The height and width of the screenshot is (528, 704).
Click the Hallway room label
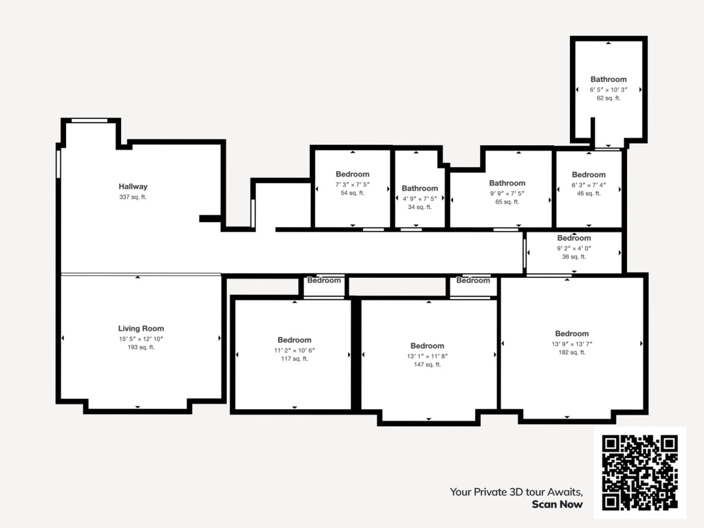pos(133,186)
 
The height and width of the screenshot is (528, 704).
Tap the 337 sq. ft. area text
pos(133,197)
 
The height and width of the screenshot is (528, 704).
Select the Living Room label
pos(141,329)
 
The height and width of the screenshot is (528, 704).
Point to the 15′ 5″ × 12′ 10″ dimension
pos(141,339)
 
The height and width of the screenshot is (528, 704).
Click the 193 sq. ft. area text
pos(141,347)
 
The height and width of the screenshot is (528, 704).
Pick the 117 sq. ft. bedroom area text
pos(294,359)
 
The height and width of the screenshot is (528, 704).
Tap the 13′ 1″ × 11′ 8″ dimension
pos(427,356)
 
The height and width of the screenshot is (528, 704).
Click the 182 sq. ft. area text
pos(572,352)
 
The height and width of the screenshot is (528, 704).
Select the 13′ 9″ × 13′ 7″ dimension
pos(572,344)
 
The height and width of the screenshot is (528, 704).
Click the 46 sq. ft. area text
pos(589,193)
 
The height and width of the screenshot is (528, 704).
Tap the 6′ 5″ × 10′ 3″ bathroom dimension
pos(608,90)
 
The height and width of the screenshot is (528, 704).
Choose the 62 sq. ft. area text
pos(608,98)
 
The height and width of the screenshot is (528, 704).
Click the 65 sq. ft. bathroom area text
pos(507,202)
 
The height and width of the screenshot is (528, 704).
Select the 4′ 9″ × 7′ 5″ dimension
pos(420,199)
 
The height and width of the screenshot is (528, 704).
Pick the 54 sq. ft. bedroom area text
pos(353,193)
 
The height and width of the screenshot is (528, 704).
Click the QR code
pos(640,473)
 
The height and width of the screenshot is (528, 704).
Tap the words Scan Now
pos(557,505)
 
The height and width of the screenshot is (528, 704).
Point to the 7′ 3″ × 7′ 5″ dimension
pos(353,185)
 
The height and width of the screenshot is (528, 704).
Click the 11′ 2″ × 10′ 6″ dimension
pos(294,350)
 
